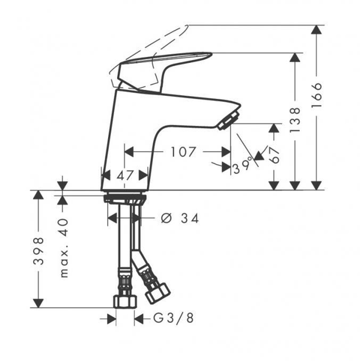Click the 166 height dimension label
click(316, 96)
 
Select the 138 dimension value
click(295, 120)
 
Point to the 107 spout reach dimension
click(183, 152)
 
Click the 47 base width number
click(125, 175)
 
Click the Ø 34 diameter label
click(180, 218)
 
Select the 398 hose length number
click(39, 251)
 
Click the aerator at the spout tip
click(229, 120)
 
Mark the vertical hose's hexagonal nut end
click(125, 301)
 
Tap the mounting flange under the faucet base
click(125, 198)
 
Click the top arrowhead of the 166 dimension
click(316, 30)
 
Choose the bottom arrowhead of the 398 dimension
click(39, 303)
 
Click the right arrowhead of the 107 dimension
click(226, 152)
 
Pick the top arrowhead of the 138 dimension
click(295, 58)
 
